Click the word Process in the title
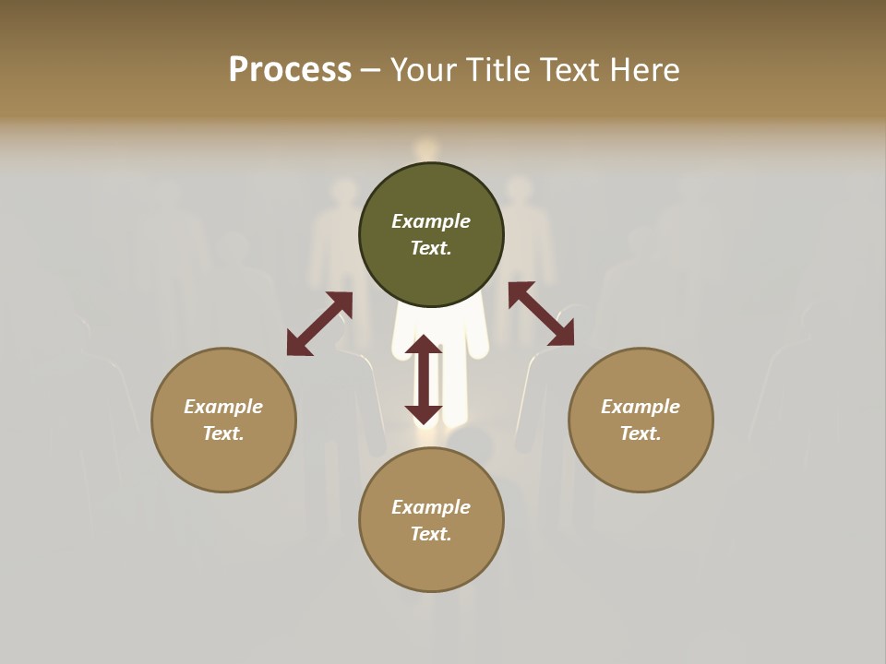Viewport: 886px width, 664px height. (290, 70)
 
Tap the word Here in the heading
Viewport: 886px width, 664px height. (641, 70)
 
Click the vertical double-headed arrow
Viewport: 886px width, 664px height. (424, 379)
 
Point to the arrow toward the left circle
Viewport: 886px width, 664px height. (319, 324)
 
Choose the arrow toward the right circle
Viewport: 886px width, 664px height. (541, 314)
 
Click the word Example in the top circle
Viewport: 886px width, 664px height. (431, 221)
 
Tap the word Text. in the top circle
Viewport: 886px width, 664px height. (431, 248)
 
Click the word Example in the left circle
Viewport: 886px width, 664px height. (223, 407)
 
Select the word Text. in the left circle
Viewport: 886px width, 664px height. (223, 433)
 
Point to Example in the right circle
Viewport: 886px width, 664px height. (641, 407)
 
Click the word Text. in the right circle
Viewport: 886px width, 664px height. (641, 433)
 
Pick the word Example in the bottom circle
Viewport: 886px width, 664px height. (431, 507)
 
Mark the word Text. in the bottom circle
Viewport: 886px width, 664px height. (431, 534)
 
